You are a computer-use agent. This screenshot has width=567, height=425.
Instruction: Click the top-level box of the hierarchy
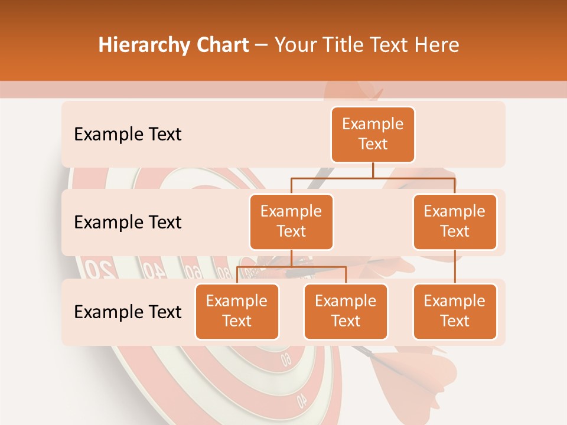tap(373, 135)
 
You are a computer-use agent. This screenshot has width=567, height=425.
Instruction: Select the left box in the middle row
tap(291, 221)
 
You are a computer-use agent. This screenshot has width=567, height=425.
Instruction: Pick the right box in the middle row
tap(455, 221)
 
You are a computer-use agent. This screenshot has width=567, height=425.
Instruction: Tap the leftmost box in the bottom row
tap(237, 311)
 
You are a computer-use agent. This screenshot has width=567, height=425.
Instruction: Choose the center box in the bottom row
tap(346, 311)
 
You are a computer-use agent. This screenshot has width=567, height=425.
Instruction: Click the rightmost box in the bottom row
tap(455, 311)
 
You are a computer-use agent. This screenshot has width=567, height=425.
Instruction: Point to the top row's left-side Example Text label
tap(128, 135)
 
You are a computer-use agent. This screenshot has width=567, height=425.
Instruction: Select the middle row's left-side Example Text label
tap(128, 223)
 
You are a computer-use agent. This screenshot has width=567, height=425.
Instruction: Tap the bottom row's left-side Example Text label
tap(128, 312)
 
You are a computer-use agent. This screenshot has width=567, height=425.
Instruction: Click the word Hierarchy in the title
tap(142, 45)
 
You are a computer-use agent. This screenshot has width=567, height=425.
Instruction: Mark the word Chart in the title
tap(220, 45)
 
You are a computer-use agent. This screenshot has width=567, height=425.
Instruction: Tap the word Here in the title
tap(436, 45)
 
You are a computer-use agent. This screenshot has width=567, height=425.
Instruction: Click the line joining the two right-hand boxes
tap(455, 267)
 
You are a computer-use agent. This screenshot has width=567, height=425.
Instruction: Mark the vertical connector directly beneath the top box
tap(373, 170)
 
